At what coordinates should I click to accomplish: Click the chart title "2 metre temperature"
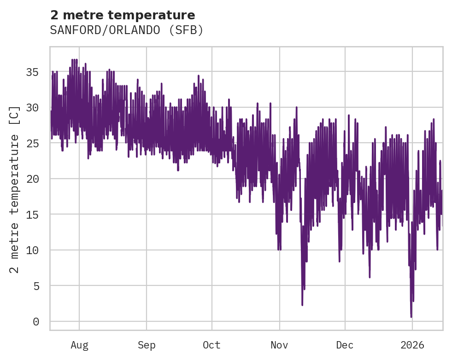point(123,15)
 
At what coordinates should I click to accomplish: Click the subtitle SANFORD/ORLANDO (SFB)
point(127,30)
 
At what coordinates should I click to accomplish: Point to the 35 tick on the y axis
point(33,72)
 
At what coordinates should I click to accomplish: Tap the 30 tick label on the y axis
point(33,108)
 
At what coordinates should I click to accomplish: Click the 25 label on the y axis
point(33,143)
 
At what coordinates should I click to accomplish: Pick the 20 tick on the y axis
point(33,179)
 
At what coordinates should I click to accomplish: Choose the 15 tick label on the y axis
point(33,215)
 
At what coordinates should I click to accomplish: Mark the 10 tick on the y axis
point(33,250)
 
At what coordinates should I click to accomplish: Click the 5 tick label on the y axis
point(36,286)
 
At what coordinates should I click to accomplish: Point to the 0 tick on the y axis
point(36,322)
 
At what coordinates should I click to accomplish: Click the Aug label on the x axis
point(79,345)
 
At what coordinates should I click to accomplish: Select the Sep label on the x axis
point(147,345)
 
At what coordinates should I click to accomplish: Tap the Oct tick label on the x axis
point(212,345)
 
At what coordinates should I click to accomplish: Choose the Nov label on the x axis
point(279,345)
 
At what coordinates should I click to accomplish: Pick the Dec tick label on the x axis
point(345,345)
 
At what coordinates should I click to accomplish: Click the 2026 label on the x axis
point(412,345)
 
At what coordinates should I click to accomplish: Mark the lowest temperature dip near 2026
point(411,316)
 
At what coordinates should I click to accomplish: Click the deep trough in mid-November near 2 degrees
point(302,304)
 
